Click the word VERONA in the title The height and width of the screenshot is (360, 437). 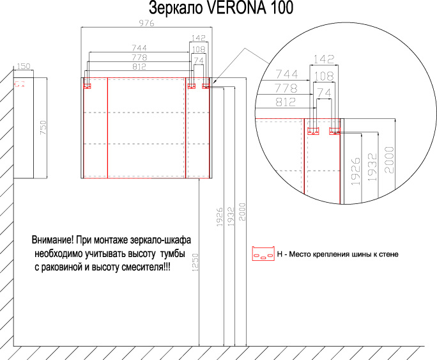tap(237, 8)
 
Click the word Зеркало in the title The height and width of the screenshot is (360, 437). tap(176, 8)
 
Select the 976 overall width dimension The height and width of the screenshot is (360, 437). tap(146, 23)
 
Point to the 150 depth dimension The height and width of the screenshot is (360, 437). tap(24, 66)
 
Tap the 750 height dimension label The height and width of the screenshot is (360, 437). tap(43, 128)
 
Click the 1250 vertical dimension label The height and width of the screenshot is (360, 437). tap(195, 262)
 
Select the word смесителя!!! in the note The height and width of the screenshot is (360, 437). tap(146, 267)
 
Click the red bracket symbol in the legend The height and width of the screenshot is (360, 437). tap(263, 253)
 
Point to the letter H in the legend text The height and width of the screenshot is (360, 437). tap(280, 254)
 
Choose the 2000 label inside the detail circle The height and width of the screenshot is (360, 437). tap(390, 160)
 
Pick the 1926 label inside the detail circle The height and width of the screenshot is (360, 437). tap(355, 171)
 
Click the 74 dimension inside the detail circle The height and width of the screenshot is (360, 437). tap(324, 93)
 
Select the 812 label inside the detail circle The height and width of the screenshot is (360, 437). tap(286, 102)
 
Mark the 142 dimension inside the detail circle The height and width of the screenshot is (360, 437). tap(324, 59)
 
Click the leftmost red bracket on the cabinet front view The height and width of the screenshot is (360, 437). tap(88, 86)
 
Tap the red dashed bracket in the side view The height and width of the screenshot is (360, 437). tap(20, 84)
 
